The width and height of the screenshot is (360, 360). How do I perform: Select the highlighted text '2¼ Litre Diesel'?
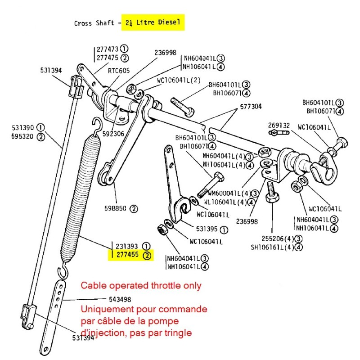154,22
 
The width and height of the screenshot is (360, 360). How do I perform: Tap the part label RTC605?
119,71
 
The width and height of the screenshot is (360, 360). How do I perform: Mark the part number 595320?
21,137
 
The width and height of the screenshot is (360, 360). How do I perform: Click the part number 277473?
107,49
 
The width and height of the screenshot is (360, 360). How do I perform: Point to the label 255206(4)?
273,238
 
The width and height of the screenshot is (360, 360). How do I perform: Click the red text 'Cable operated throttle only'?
141,285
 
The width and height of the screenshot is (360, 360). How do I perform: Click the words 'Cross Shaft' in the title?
94,23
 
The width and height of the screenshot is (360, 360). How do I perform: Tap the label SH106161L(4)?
273,247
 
